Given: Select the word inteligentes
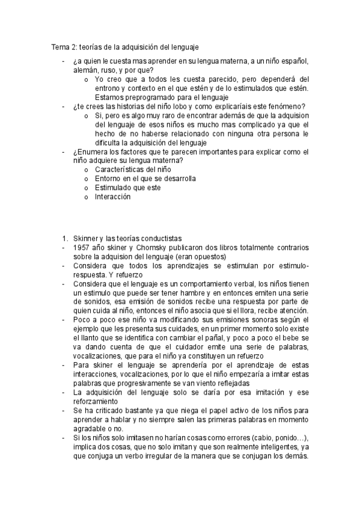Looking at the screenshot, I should coord(271,446).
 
